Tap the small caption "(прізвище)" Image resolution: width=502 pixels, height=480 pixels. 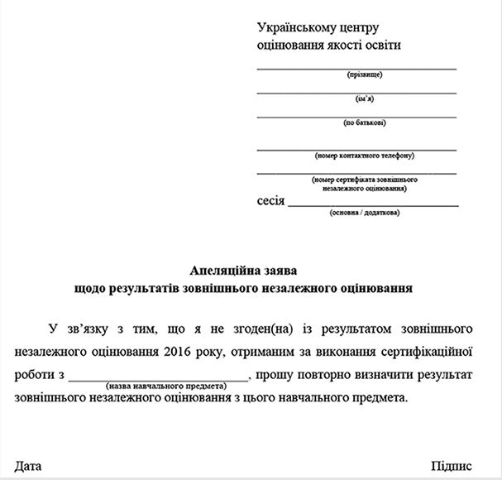(x=364, y=74)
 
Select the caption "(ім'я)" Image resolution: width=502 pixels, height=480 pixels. (x=364, y=99)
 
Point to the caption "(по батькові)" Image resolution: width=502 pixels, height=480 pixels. (x=364, y=123)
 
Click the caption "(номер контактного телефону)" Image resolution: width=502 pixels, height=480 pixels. (x=364, y=156)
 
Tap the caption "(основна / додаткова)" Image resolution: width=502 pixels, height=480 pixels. (x=364, y=213)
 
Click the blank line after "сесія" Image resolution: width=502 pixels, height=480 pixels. (x=372, y=204)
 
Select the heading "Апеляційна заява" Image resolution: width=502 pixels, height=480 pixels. (x=241, y=270)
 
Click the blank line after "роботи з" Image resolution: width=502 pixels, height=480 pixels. (x=157, y=378)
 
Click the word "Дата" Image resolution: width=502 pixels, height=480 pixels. (x=27, y=466)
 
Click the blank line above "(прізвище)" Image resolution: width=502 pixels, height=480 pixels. (x=356, y=67)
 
